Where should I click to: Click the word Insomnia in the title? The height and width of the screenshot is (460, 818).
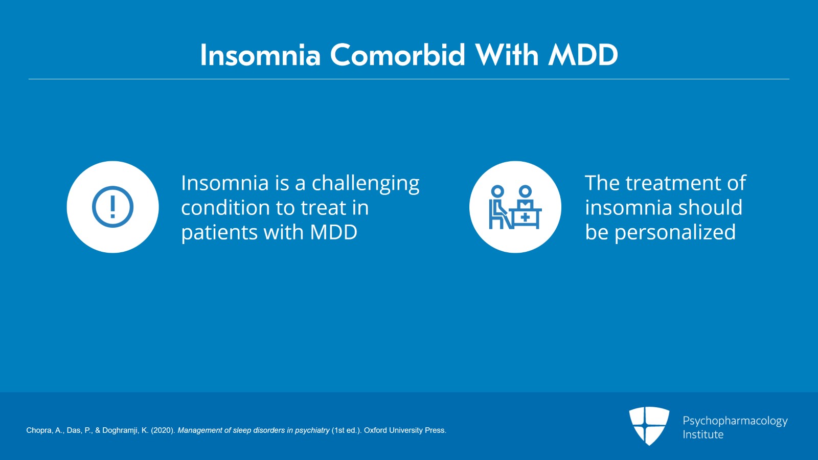click(260, 55)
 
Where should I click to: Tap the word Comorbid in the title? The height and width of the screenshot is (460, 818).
click(397, 55)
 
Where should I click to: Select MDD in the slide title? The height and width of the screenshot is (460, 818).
click(583, 55)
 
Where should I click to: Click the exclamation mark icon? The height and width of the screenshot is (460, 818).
click(112, 207)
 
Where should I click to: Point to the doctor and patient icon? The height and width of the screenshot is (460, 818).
click(515, 207)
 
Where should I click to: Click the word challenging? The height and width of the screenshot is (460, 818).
click(366, 184)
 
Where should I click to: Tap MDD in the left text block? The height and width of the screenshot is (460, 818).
click(333, 233)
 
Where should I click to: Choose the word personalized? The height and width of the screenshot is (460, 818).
click(675, 233)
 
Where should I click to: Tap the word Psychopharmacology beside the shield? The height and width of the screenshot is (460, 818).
click(735, 421)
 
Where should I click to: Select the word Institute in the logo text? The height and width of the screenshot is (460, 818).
click(703, 434)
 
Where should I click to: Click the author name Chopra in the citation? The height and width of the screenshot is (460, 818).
click(38, 430)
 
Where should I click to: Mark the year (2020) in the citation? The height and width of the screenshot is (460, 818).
click(163, 430)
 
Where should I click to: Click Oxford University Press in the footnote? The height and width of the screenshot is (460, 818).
click(404, 430)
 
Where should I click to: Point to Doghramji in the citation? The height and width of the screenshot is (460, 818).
click(120, 430)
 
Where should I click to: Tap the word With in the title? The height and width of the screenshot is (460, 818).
click(507, 55)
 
